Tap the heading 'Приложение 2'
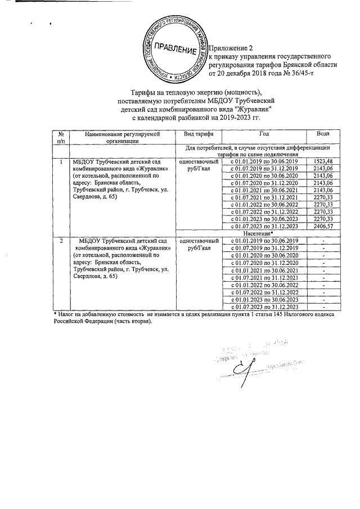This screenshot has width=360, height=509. pos(232,48)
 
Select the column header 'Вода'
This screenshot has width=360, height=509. pos(323,134)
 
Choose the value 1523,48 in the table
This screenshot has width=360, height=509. pos(323,161)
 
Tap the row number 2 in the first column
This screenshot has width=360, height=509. pos(60,240)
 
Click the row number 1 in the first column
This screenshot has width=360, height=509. pos(60,161)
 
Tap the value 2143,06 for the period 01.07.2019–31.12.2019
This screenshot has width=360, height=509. pos(323,169)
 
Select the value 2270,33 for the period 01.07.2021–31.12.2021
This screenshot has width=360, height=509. pos(323,197)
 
